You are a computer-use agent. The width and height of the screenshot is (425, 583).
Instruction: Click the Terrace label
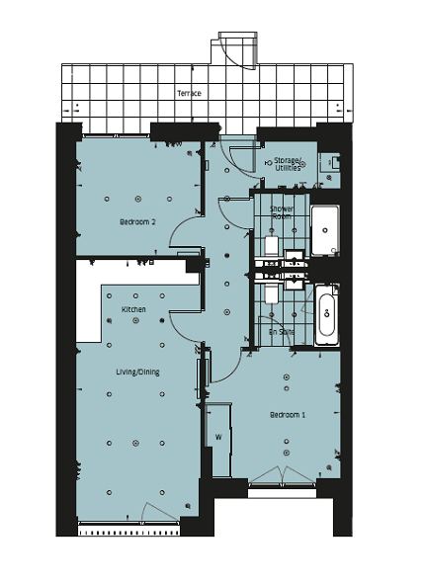[x=189, y=93]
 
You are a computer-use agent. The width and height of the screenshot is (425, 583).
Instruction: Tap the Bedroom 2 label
[x=137, y=222]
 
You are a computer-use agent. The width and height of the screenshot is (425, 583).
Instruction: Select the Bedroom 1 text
[x=288, y=415]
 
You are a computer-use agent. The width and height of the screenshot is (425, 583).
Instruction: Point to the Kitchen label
[x=133, y=309]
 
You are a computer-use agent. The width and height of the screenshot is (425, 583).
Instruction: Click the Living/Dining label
[x=138, y=372]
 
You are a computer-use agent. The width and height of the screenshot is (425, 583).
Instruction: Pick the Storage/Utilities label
[x=289, y=164]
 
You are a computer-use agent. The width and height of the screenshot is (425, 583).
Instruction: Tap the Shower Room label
[x=282, y=212]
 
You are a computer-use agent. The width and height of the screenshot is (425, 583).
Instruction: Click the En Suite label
[x=282, y=332]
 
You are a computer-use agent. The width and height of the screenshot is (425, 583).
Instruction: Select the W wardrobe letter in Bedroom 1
[x=218, y=437]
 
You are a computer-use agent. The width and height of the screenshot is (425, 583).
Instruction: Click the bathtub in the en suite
[x=327, y=315]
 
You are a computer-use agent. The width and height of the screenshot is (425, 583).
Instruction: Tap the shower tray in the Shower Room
[x=325, y=230]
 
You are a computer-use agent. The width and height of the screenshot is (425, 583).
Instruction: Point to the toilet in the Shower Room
[x=272, y=245]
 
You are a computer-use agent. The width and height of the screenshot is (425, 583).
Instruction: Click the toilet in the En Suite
[x=272, y=294]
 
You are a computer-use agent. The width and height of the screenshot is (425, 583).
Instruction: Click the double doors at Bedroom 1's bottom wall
[x=283, y=476]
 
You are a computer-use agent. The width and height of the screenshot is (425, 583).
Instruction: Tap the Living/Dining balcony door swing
[x=158, y=513]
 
